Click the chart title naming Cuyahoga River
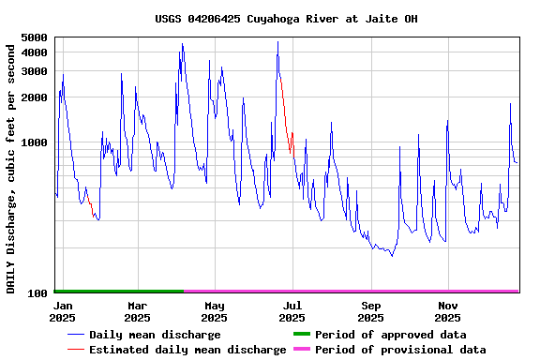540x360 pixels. (286, 19)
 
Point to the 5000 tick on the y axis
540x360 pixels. (34, 38)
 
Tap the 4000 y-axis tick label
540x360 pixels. (34, 52)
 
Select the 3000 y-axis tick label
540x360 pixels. (34, 71)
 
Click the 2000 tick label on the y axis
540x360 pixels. (34, 97)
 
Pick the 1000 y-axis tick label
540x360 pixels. (34, 143)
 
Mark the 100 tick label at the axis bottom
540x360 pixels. (37, 294)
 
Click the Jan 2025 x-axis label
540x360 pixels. (63, 311)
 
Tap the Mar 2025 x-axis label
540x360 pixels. (137, 311)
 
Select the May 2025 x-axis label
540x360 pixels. (215, 311)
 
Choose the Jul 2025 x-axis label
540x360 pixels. (292, 311)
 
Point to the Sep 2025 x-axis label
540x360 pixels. (370, 311)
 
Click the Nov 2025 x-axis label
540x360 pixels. (448, 311)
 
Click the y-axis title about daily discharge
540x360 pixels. (12, 167)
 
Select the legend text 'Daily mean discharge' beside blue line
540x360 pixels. (155, 335)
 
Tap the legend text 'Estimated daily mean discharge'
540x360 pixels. (187, 350)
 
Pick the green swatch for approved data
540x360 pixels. (301, 334)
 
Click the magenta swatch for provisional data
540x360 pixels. (301, 349)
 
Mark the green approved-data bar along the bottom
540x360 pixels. (118, 292)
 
